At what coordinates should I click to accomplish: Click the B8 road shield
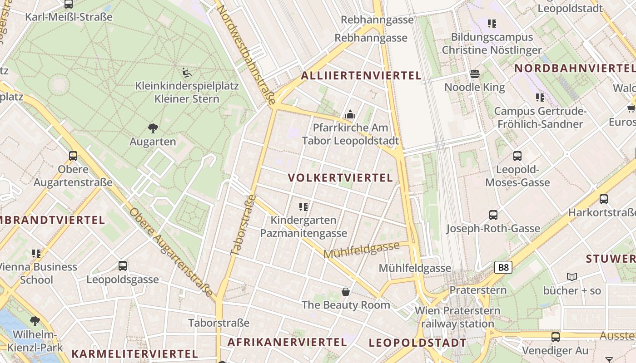[503, 267]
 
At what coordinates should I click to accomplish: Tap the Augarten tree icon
[153, 128]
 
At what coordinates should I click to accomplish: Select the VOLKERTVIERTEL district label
[340, 178]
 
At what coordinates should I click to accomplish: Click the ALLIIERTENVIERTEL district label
[361, 76]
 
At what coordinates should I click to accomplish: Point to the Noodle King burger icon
[475, 74]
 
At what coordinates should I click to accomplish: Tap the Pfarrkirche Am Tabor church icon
[350, 115]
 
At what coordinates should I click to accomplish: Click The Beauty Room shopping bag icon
[346, 291]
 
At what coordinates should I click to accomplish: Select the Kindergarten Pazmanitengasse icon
[303, 207]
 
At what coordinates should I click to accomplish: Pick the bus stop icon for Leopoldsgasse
[123, 266]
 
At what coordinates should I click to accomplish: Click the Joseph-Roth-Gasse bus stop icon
[493, 215]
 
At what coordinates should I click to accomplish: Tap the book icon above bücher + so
[572, 277]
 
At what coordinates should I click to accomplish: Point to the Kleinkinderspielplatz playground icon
[186, 72]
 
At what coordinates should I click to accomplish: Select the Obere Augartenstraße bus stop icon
[73, 156]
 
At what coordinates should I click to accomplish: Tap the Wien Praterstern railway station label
[457, 317]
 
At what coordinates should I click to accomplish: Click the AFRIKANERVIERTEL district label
[287, 342]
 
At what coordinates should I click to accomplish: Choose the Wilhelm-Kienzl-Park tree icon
[35, 322]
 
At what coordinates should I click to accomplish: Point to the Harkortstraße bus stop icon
[604, 199]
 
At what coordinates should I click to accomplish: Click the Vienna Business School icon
[36, 253]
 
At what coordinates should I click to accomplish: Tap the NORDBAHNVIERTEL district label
[574, 69]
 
